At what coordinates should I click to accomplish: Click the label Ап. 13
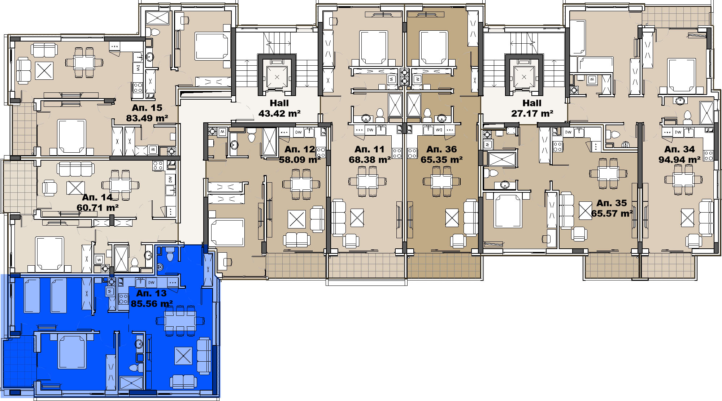click(151, 293)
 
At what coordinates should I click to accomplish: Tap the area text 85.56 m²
click(152, 304)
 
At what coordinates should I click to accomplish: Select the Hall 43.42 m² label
click(279, 108)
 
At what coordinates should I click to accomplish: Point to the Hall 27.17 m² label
click(532, 108)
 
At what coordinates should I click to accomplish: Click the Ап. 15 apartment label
click(147, 108)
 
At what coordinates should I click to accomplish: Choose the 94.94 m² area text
click(679, 160)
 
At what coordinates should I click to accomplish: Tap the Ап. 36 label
click(442, 149)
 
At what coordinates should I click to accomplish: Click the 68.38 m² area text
click(370, 160)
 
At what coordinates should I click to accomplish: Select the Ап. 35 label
click(612, 203)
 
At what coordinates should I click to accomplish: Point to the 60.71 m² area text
click(97, 208)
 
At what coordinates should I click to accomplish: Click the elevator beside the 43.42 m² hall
click(277, 77)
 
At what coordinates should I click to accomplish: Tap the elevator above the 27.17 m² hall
click(524, 77)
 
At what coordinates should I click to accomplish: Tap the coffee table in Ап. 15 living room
click(44, 70)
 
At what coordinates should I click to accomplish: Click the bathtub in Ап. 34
click(577, 38)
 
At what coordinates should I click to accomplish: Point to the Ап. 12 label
click(300, 149)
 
